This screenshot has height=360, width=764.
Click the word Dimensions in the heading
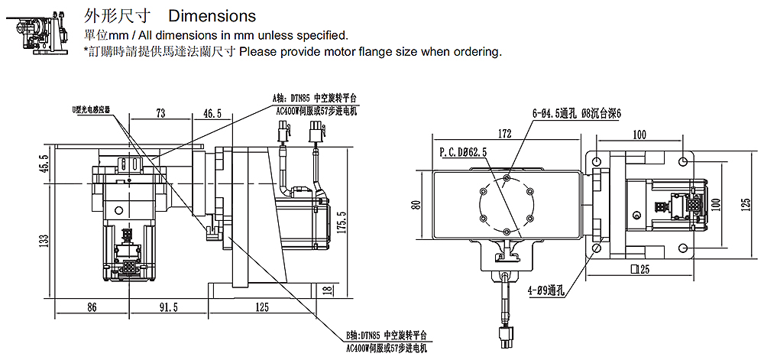coord(212,15)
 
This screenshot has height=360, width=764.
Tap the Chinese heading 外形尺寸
coord(115,15)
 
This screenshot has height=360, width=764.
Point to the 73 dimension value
coord(160,113)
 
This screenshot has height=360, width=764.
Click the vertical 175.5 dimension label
coord(342,222)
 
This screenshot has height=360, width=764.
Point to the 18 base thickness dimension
coord(328,290)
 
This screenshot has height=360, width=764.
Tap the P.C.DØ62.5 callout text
coord(464,153)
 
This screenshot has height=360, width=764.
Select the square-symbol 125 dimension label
coord(639,269)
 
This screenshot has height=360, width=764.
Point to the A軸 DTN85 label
coord(314,99)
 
